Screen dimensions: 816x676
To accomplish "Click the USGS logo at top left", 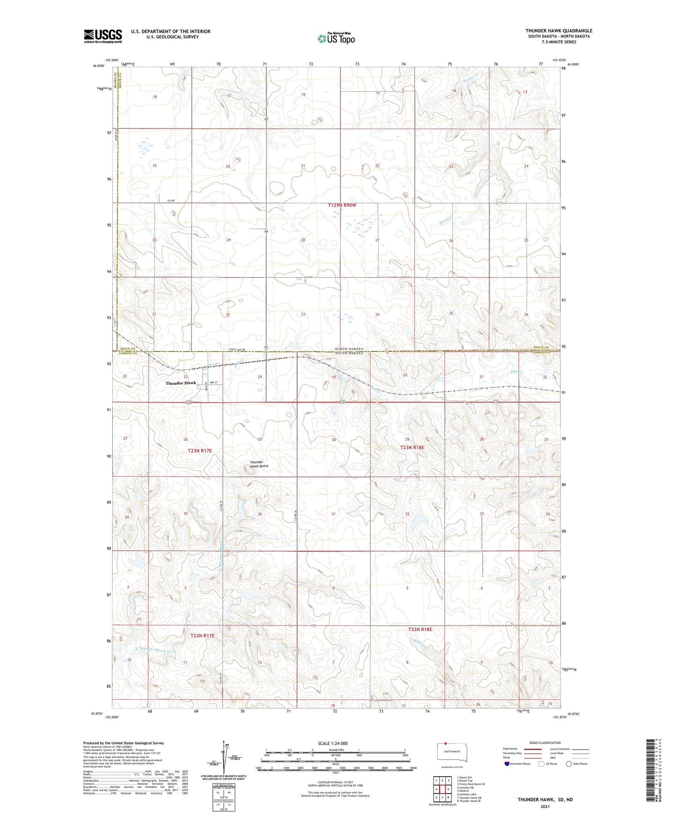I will [102, 36].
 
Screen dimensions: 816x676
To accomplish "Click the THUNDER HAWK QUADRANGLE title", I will [559, 31].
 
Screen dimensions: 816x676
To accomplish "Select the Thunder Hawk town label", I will [181, 383].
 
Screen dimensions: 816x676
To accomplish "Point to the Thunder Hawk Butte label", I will [259, 464].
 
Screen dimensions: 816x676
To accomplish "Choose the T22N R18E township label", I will [420, 630].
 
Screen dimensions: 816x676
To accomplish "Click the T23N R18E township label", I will [412, 447].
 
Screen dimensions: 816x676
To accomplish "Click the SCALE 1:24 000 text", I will [333, 743].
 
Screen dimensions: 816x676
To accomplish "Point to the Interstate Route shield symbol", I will [507, 764].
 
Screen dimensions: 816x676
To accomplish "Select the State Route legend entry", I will [576, 764].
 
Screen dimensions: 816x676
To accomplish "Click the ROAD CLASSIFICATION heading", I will [545, 743].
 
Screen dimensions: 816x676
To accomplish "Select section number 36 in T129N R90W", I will [526, 315].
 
